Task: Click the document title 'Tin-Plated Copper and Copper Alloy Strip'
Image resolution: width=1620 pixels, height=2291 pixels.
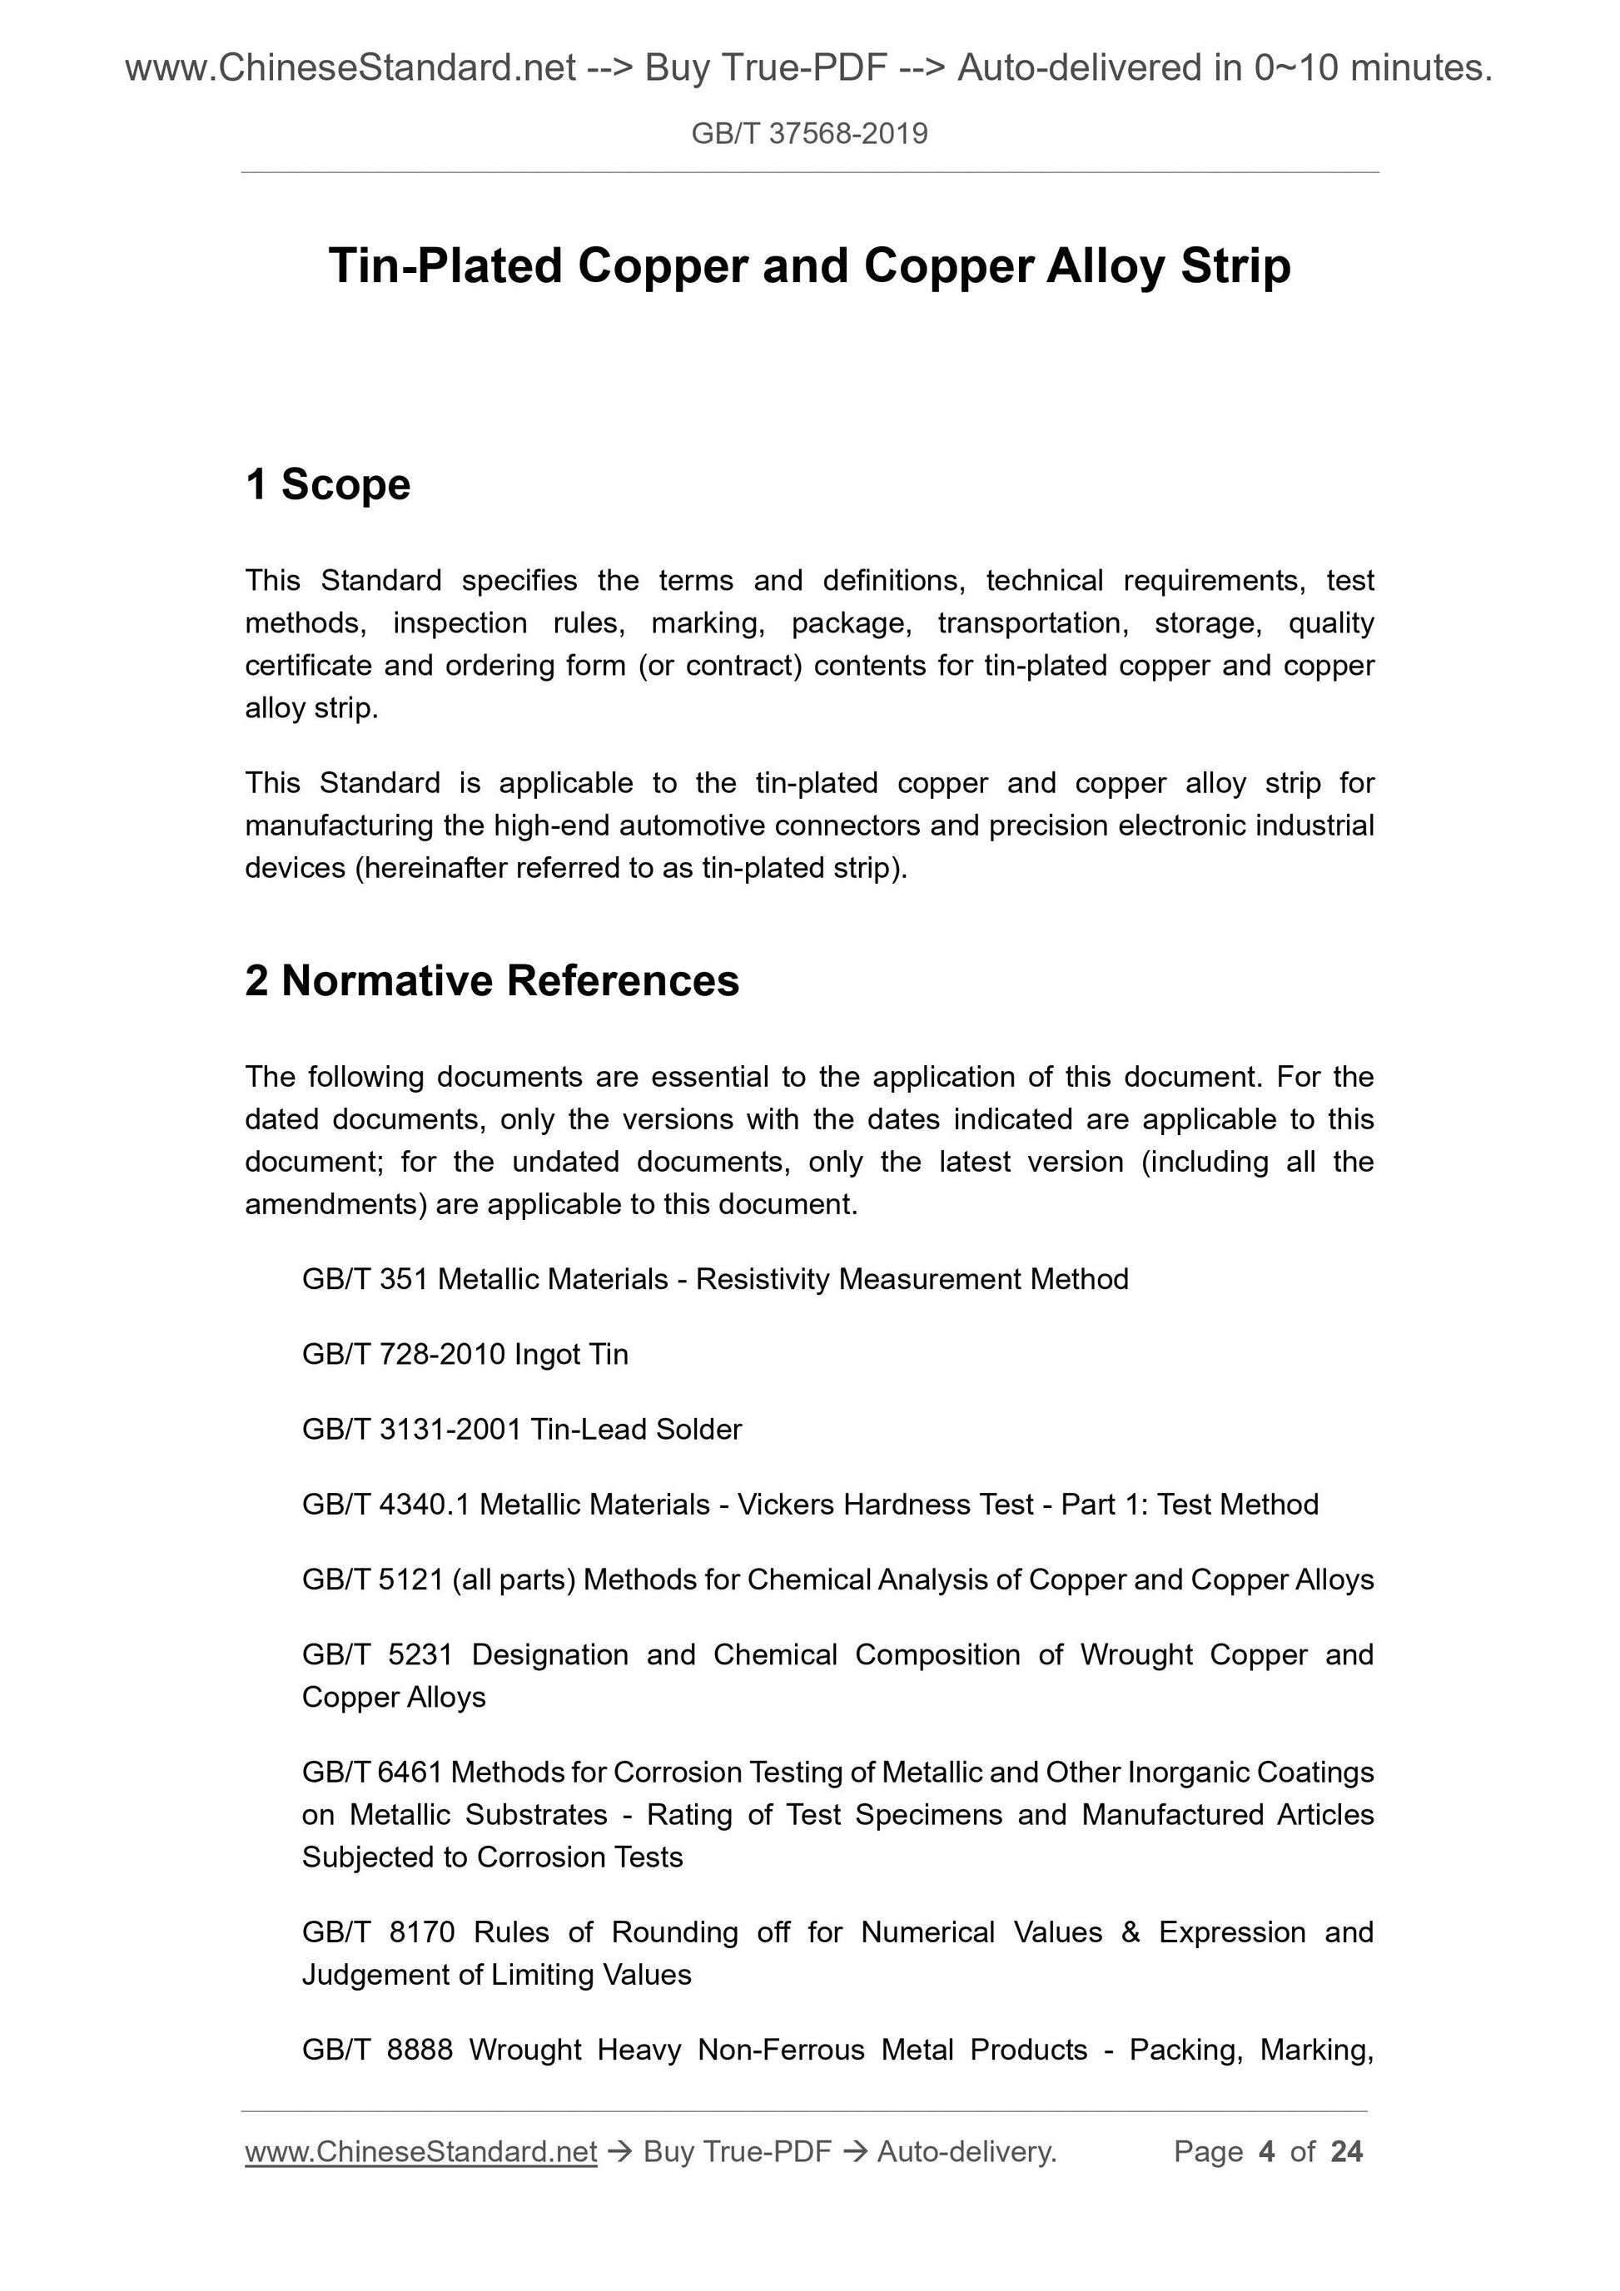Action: pyautogui.click(x=809, y=266)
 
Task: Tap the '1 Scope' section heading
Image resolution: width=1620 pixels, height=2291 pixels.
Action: pyautogui.click(x=327, y=485)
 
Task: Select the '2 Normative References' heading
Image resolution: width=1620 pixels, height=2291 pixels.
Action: pyautogui.click(x=492, y=981)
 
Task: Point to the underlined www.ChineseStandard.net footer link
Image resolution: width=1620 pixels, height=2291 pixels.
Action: pyautogui.click(x=421, y=2151)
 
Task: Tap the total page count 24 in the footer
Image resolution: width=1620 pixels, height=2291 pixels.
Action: pyautogui.click(x=1346, y=2151)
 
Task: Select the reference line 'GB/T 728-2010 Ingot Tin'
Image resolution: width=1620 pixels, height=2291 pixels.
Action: pyautogui.click(x=465, y=1354)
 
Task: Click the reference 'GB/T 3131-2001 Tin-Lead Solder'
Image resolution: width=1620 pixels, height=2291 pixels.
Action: pyautogui.click(x=522, y=1429)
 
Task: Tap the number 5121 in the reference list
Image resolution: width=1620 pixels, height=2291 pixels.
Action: pyautogui.click(x=411, y=1579)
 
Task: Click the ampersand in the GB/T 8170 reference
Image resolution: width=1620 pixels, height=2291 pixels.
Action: pyautogui.click(x=1130, y=1931)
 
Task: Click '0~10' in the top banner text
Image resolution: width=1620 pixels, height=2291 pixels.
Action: pyautogui.click(x=1280, y=68)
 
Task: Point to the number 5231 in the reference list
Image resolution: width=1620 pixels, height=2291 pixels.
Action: pyautogui.click(x=420, y=1654)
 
